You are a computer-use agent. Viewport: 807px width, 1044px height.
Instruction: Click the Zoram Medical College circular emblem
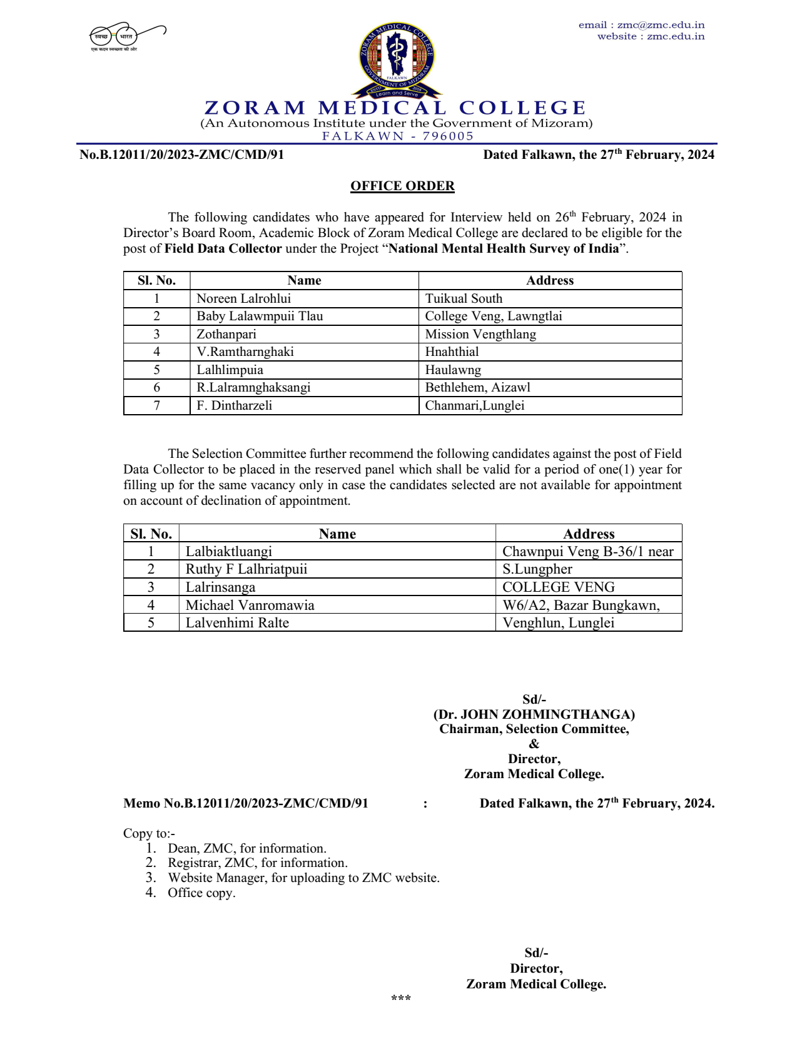point(397,59)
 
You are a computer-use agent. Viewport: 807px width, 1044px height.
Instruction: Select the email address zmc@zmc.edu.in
point(661,25)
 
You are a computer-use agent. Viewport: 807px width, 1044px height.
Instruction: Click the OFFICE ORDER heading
point(402,186)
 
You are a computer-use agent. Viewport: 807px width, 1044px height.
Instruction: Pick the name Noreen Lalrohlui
point(243,298)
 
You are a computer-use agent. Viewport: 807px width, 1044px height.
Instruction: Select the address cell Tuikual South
point(464,298)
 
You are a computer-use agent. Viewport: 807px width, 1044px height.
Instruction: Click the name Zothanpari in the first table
point(226,334)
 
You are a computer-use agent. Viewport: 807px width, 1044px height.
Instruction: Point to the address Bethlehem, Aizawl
point(477,387)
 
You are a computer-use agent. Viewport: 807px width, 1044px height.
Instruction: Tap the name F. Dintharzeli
point(234,405)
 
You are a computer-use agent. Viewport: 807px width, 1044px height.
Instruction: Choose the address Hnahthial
point(452,352)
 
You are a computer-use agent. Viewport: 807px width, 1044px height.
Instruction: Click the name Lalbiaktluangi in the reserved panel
point(228,551)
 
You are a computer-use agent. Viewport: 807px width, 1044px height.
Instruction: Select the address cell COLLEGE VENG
point(558,587)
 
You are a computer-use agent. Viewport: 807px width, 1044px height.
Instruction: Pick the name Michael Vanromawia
point(250,605)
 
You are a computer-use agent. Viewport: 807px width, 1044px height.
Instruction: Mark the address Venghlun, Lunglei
point(558,622)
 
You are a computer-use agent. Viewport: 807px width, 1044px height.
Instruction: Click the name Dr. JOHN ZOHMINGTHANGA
point(534,714)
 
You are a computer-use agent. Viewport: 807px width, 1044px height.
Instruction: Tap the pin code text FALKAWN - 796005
point(398,136)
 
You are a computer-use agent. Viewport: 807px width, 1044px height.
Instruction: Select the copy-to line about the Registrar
point(257,863)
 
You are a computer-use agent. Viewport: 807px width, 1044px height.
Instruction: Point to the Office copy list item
point(201,893)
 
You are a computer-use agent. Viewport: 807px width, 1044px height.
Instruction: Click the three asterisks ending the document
point(401,998)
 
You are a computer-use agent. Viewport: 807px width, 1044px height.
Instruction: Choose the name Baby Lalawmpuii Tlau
point(260,316)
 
